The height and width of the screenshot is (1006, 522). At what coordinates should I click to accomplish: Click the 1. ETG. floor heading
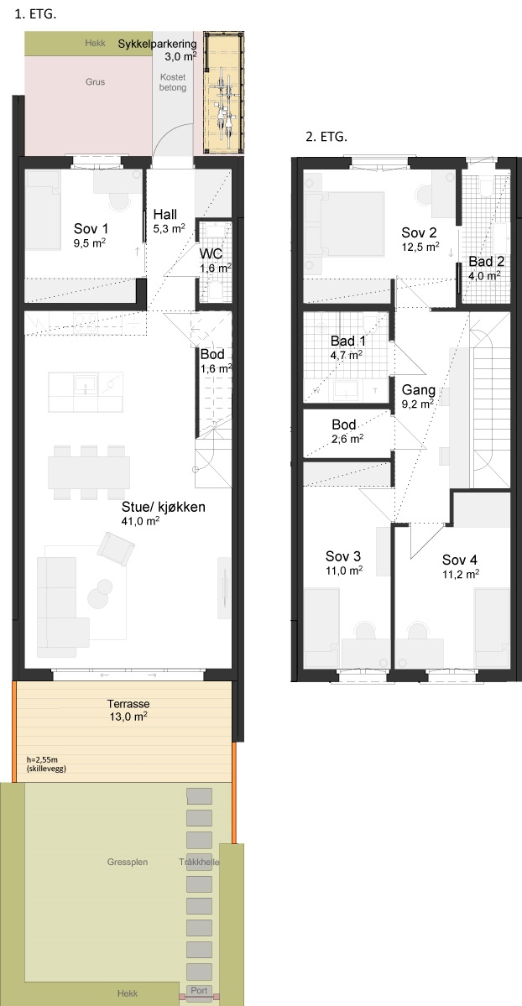34,15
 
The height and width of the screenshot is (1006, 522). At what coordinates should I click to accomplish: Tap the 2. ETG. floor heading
326,137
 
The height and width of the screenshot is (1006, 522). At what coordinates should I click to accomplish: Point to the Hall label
165,215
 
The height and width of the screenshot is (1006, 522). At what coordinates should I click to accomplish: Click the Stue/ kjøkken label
163,508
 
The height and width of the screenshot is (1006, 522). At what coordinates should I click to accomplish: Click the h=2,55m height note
42,759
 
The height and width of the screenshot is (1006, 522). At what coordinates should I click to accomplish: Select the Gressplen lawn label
128,863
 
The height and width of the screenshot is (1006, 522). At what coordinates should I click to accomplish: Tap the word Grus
95,82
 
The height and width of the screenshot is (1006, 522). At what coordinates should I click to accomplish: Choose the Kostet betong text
173,82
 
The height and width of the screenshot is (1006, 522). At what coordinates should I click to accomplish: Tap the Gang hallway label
418,390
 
